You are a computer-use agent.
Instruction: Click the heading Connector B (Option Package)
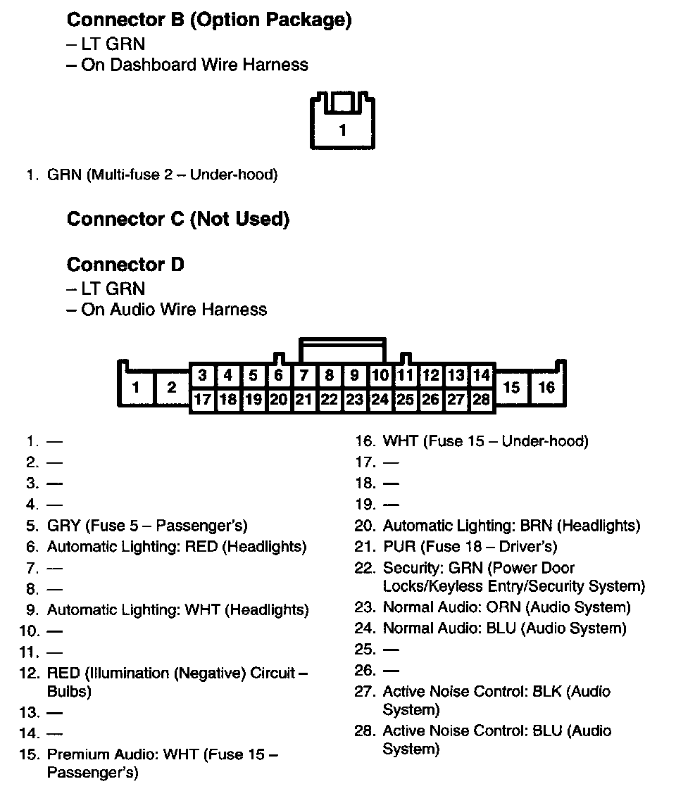click(x=208, y=20)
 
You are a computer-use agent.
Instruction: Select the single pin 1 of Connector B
click(x=342, y=129)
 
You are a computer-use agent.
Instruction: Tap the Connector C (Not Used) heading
click(x=177, y=220)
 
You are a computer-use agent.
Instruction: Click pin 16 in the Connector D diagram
click(x=546, y=387)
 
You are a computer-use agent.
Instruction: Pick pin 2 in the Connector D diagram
click(x=171, y=387)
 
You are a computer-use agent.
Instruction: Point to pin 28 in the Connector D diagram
click(x=482, y=400)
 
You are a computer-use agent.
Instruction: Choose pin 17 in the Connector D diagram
click(x=203, y=400)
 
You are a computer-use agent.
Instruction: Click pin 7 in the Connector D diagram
click(x=303, y=376)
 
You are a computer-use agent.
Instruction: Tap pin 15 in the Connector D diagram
click(x=512, y=387)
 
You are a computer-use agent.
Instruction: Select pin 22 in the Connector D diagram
click(x=329, y=400)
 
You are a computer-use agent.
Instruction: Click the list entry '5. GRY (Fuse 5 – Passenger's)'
click(x=146, y=526)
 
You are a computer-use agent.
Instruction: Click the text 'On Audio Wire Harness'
click(x=174, y=310)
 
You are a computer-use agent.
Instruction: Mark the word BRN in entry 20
click(x=540, y=526)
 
